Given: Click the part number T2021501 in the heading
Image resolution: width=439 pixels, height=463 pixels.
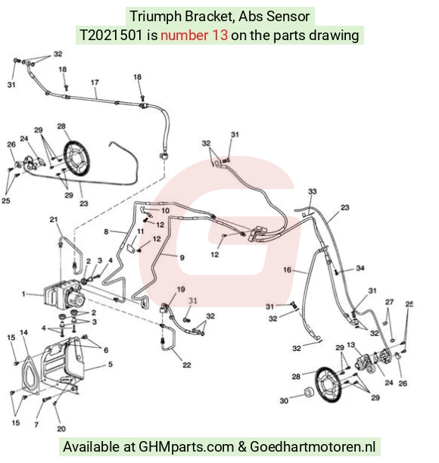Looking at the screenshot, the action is click(111, 35).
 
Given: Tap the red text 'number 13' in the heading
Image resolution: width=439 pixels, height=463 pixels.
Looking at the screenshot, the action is click(194, 35).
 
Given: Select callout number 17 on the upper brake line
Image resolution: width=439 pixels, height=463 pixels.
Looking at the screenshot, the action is click(95, 82).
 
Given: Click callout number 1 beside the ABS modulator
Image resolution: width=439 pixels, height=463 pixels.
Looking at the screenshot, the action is click(23, 294).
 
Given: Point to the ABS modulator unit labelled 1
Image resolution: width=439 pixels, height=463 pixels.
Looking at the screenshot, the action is click(64, 294).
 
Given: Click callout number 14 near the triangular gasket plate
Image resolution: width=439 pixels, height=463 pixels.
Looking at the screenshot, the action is click(24, 332).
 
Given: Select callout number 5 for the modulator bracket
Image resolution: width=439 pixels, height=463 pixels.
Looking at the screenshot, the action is click(111, 364).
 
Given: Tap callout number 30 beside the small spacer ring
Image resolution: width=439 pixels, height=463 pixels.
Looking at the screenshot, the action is click(284, 401).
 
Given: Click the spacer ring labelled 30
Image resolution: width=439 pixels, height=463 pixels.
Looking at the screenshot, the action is click(309, 393).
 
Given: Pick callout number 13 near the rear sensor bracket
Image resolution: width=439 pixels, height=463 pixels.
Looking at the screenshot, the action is click(350, 344).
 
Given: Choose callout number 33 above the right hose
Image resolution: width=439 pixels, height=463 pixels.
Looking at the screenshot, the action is click(313, 191).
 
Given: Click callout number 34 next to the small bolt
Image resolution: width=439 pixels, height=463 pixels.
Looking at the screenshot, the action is click(360, 268).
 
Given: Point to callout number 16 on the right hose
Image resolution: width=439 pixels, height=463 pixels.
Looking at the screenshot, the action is click(287, 269).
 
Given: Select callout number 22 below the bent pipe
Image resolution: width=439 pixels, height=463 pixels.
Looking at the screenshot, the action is click(187, 365).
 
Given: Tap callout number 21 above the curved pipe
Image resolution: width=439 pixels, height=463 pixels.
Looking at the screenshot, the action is click(54, 219).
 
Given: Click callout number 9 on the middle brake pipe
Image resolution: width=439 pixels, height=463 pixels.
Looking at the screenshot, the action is click(182, 258).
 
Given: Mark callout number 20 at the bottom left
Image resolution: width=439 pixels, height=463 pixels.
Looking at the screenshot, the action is click(61, 429).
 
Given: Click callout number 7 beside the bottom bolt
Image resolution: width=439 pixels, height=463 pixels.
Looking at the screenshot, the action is click(36, 424).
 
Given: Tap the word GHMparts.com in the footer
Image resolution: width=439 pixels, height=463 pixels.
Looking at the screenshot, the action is click(186, 447).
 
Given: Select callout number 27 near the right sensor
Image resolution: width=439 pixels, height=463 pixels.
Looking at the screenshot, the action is click(389, 302).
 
